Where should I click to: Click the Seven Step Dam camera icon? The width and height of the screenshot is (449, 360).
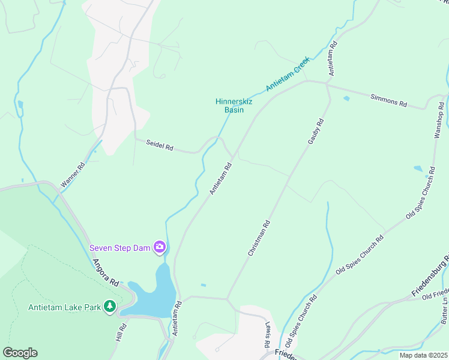point(160,247)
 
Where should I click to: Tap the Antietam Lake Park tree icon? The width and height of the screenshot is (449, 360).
point(109,307)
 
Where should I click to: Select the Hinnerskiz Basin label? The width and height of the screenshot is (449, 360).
point(234,106)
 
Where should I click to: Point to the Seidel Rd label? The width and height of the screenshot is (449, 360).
point(160,146)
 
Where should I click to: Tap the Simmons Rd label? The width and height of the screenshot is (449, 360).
point(388,100)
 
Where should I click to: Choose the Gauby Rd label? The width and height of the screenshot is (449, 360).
point(316,131)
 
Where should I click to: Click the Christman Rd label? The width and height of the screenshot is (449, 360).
point(259,238)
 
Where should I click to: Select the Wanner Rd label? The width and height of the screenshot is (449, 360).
point(73,175)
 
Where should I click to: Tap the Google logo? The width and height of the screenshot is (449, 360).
point(20,353)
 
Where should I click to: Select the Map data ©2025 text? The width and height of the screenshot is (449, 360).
point(423,355)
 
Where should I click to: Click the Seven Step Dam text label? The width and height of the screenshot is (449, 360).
point(121,247)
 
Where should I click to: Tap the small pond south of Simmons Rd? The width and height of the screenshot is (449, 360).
point(346,98)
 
